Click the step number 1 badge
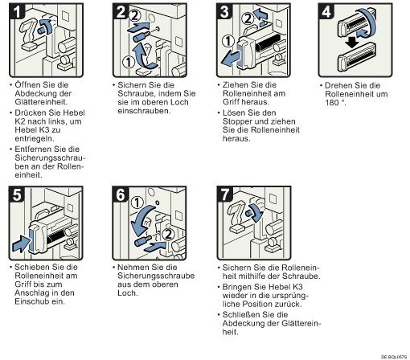click(17, 11)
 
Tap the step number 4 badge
click(326, 11)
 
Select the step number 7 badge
click(225, 194)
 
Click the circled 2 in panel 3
click(248, 18)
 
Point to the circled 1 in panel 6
click(137, 202)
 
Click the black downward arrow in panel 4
click(352, 43)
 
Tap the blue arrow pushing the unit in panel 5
click(22, 243)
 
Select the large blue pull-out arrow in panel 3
click(230, 59)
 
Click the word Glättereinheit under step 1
click(41, 102)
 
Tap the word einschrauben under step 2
click(144, 111)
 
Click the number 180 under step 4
click(332, 103)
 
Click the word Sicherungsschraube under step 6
click(156, 276)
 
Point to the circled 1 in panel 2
click(129, 62)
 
